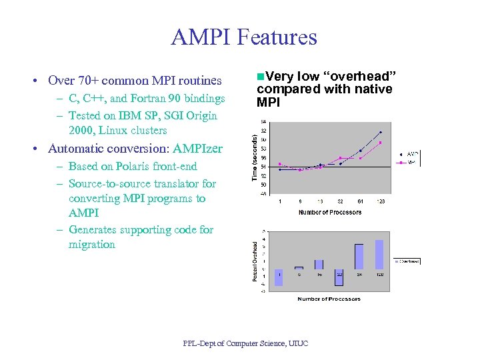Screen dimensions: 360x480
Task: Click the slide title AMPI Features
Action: tap(244, 37)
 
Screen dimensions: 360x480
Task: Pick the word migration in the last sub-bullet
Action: tap(92, 245)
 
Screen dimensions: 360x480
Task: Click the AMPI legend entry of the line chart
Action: tap(411, 154)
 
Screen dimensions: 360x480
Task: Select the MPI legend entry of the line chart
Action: tap(411, 161)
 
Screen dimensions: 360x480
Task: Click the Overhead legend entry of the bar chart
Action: tap(408, 261)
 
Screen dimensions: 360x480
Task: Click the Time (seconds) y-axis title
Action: tap(254, 157)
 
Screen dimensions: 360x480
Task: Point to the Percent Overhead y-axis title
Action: tap(254, 260)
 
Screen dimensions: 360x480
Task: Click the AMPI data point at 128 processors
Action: tap(381, 132)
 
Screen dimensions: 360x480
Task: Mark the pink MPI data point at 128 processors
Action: tap(381, 143)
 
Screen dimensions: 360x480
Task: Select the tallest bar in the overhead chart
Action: tap(379, 254)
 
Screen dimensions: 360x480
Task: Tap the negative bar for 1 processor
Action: tap(279, 277)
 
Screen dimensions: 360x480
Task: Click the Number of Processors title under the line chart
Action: tap(330, 212)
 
